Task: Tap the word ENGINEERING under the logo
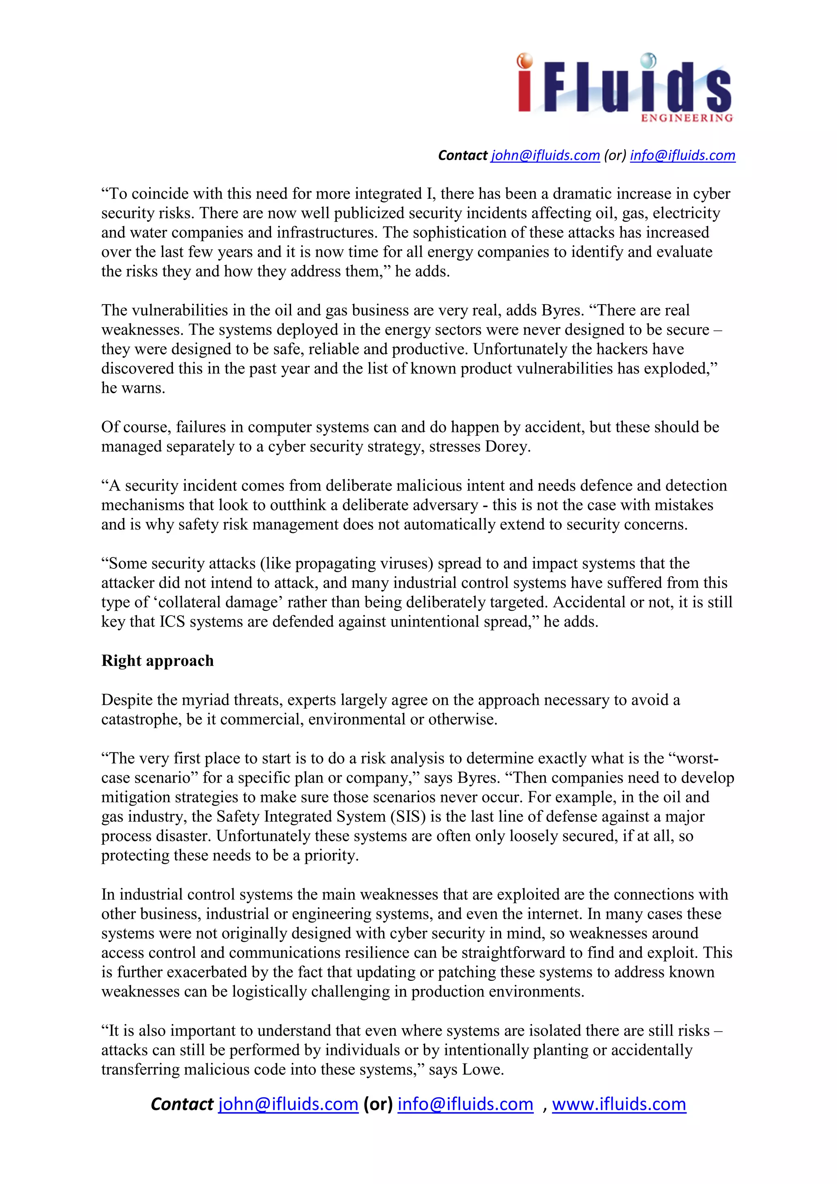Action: click(687, 118)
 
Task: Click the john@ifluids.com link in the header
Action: click(545, 155)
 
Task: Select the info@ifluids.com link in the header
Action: click(682, 155)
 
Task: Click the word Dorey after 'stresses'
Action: click(507, 447)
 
